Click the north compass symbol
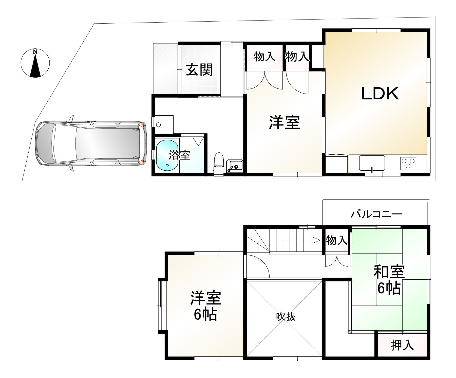[35, 63]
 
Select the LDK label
[380, 94]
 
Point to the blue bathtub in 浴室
[167, 155]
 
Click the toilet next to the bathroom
[218, 164]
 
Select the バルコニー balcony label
[376, 215]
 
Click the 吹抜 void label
[286, 317]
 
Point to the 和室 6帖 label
[389, 279]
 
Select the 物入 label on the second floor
[336, 240]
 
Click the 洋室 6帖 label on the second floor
[205, 306]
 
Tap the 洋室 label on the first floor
[284, 122]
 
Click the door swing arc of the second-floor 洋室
[261, 265]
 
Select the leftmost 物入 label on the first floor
[264, 56]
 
